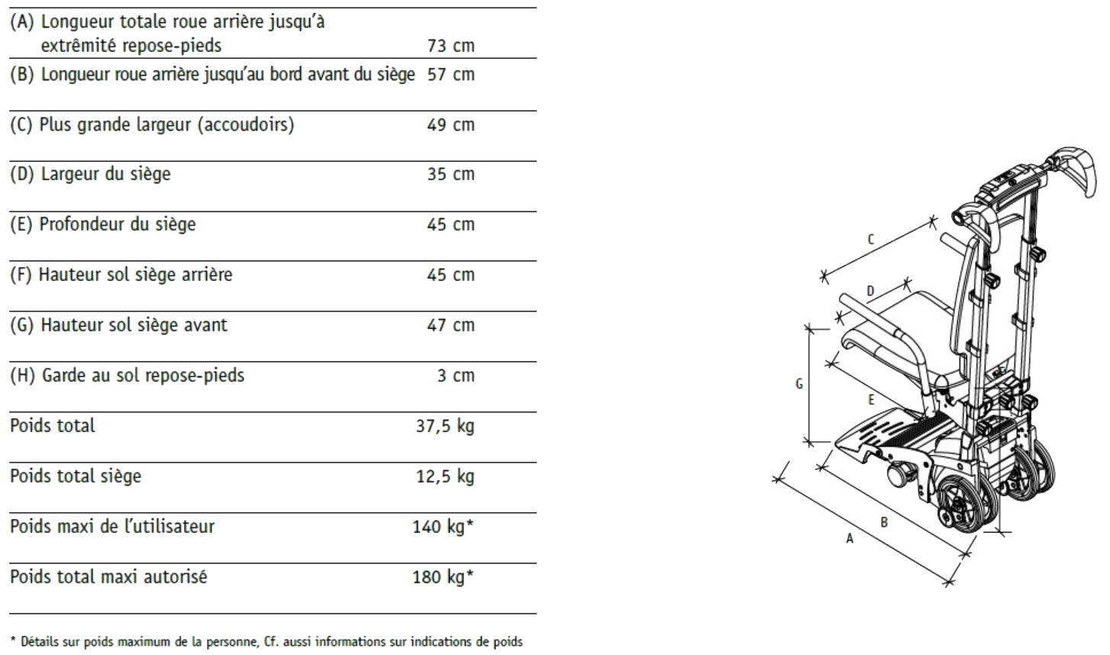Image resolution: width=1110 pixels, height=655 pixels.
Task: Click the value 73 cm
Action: click(x=451, y=46)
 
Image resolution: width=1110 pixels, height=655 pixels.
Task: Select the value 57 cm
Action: click(x=451, y=74)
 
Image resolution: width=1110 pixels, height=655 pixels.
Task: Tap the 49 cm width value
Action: click(x=451, y=124)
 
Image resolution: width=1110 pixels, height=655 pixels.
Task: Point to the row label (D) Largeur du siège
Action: click(x=90, y=174)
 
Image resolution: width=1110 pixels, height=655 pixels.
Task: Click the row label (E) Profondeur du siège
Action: click(x=103, y=224)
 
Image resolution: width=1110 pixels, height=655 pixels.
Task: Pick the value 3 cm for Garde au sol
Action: click(x=456, y=376)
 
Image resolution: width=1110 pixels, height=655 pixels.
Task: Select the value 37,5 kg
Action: click(x=445, y=426)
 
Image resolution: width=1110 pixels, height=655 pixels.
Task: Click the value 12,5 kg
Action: click(x=445, y=476)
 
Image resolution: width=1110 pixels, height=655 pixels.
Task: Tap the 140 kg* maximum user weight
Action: click(x=443, y=527)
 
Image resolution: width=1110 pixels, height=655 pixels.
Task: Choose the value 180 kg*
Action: click(x=443, y=577)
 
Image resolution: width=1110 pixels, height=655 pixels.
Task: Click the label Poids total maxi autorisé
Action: click(x=108, y=576)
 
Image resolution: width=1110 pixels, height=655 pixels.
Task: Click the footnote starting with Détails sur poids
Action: click(x=266, y=642)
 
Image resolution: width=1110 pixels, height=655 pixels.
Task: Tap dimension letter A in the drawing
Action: click(x=850, y=538)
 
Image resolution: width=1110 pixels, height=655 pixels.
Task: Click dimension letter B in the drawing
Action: click(x=884, y=522)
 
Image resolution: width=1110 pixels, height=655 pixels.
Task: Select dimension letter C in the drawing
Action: click(x=870, y=240)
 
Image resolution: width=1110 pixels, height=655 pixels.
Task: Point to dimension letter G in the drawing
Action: click(x=799, y=384)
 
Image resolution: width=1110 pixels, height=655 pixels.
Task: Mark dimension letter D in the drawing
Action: click(x=870, y=292)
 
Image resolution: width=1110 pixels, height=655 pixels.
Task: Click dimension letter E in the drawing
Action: click(x=871, y=400)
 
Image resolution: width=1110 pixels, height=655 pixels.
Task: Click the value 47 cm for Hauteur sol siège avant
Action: click(x=451, y=325)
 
